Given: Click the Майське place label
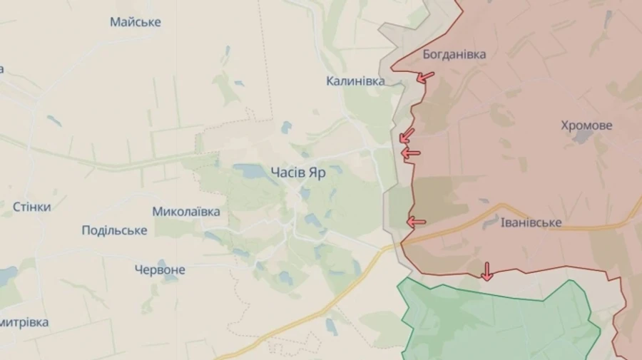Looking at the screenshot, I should (x=135, y=22).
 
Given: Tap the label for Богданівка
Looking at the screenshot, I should (x=454, y=54).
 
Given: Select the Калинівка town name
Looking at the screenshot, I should (x=355, y=81).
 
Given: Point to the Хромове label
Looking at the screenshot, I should (x=586, y=125).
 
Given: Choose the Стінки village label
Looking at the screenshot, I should (x=31, y=207).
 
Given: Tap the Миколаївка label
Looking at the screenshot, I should (x=185, y=212).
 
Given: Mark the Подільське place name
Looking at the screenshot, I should (x=114, y=230).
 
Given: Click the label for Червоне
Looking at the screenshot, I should (x=160, y=270).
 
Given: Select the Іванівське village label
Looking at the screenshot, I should (x=531, y=223).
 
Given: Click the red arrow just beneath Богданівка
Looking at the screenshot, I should (x=426, y=77).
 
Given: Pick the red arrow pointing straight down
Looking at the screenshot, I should (x=487, y=271).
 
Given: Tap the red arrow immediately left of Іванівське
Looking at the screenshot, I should (x=416, y=222).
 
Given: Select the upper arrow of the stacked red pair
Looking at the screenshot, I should (x=407, y=135).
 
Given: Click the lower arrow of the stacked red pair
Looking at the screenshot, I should (x=411, y=153).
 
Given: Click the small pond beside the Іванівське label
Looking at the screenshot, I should (x=490, y=223).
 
